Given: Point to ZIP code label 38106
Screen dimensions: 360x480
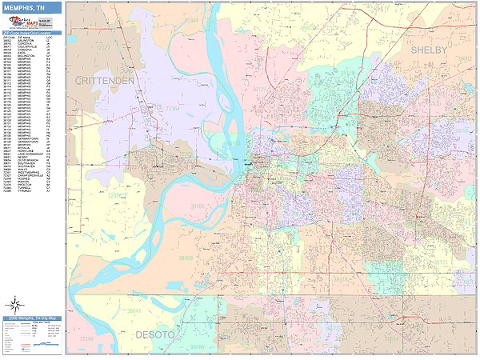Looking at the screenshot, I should point(197,206).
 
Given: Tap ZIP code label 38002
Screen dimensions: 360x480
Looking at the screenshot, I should point(465,58).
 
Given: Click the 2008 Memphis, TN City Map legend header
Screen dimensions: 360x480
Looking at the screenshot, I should point(31,318).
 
